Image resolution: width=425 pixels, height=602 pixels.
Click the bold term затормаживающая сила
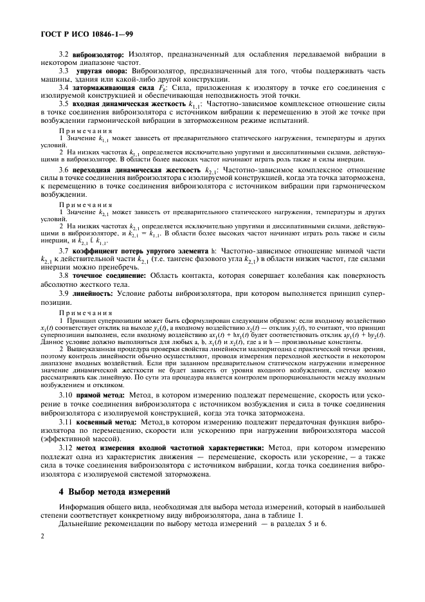(x=113, y=87)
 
